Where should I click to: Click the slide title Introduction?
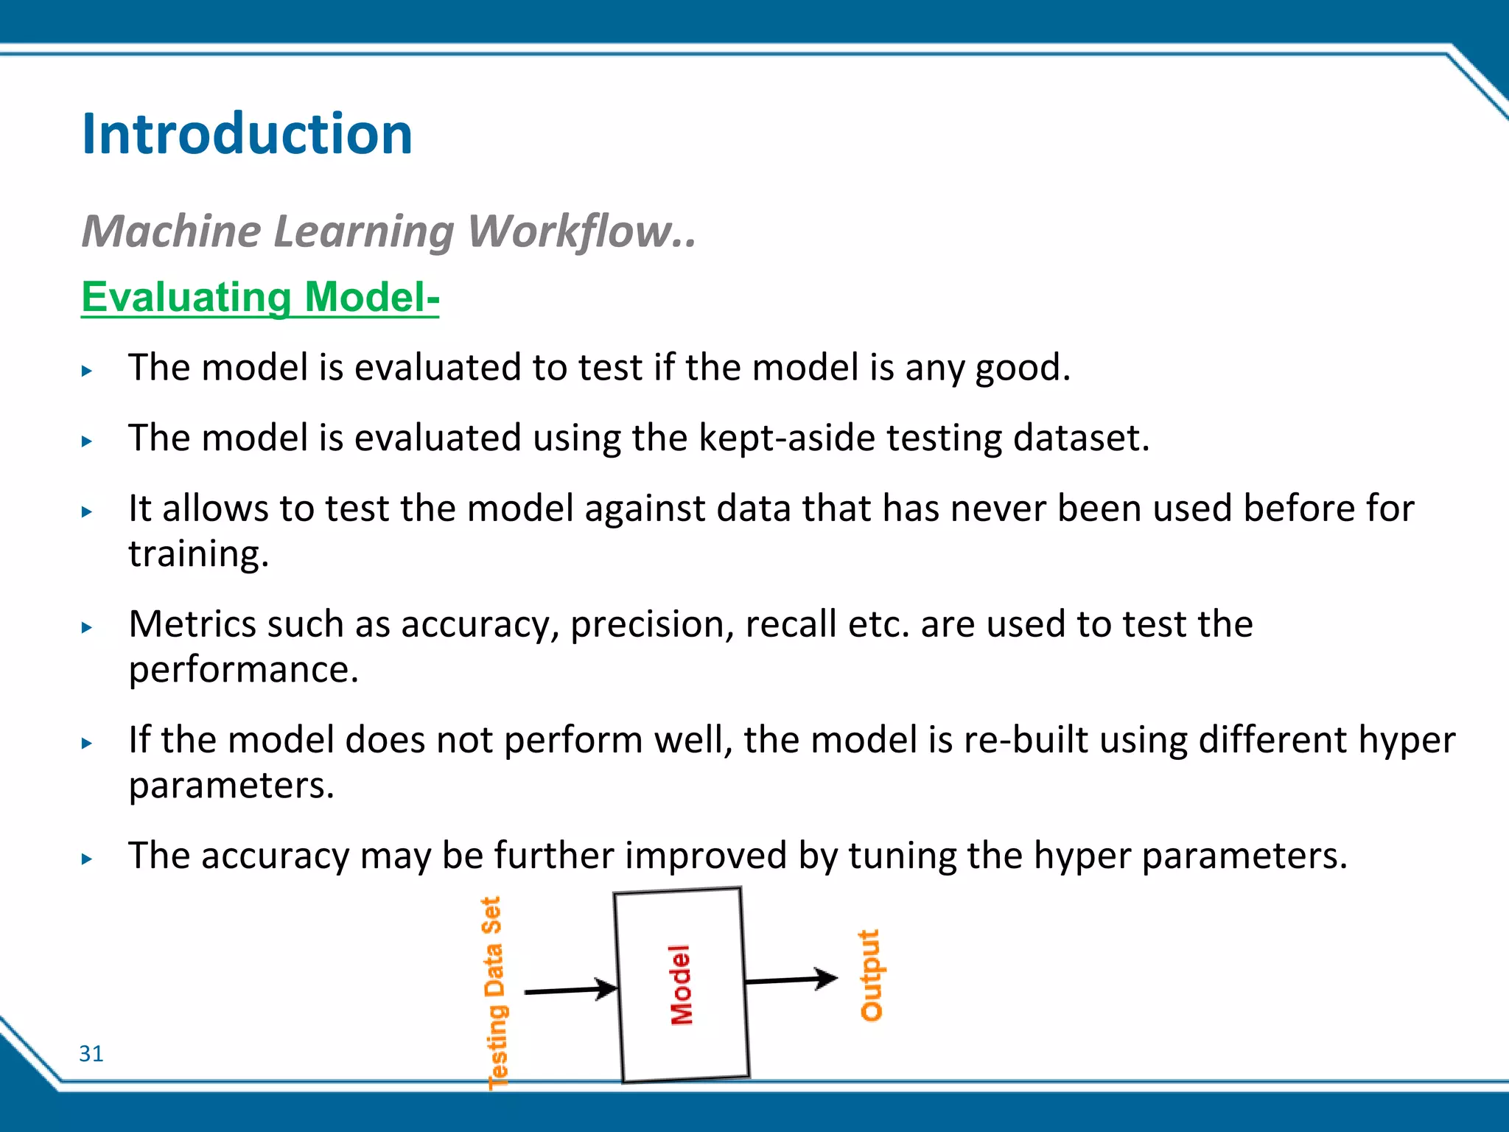pyautogui.click(x=247, y=134)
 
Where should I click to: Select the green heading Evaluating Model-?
pyautogui.click(x=260, y=298)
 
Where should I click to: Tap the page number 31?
pyautogui.click(x=91, y=1054)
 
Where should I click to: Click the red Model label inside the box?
pyautogui.click(x=681, y=985)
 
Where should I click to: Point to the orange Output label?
pyautogui.click(x=870, y=975)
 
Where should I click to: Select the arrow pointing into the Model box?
pyautogui.click(x=571, y=990)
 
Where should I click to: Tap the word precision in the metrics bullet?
pyautogui.click(x=651, y=624)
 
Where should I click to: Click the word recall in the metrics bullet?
pyautogui.click(x=791, y=624)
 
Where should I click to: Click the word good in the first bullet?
pyautogui.click(x=1022, y=368)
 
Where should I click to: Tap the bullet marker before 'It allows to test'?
pyautogui.click(x=87, y=511)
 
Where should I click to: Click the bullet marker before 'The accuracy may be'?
pyautogui.click(x=87, y=859)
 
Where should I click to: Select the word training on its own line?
pyautogui.click(x=197, y=555)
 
